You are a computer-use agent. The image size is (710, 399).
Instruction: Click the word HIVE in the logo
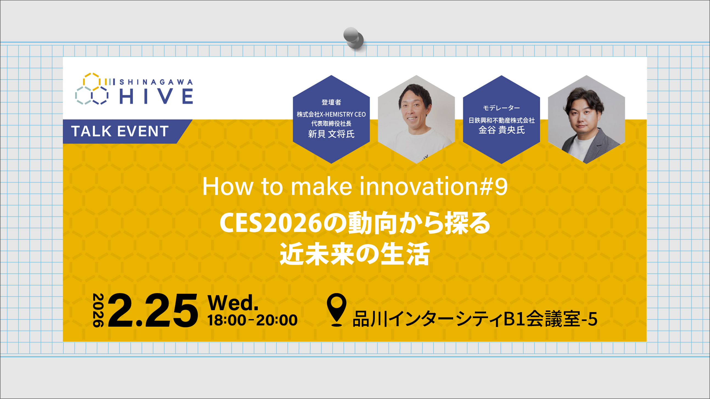pyautogui.click(x=156, y=96)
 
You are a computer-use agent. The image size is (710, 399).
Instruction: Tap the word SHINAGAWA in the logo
pyautogui.click(x=156, y=82)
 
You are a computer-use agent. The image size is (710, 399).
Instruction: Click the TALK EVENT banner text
pyautogui.click(x=120, y=131)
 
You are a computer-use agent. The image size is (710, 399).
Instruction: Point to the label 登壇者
pyautogui.click(x=331, y=102)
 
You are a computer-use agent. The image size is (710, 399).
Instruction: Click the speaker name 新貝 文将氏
pyautogui.click(x=331, y=134)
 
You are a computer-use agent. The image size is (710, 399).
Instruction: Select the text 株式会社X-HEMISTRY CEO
pyautogui.click(x=331, y=114)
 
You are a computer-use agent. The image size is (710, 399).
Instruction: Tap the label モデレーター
pyautogui.click(x=501, y=108)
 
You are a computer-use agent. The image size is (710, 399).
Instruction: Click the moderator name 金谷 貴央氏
pyautogui.click(x=501, y=130)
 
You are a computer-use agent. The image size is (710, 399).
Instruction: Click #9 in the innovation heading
pyautogui.click(x=493, y=187)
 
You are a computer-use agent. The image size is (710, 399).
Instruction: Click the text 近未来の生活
pyautogui.click(x=355, y=254)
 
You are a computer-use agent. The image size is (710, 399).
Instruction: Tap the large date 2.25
pyautogui.click(x=153, y=311)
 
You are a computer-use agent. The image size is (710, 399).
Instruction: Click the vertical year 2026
pyautogui.click(x=98, y=310)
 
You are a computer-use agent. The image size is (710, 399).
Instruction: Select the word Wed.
pyautogui.click(x=233, y=303)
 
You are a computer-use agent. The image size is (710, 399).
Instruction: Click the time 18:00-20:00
pyautogui.click(x=252, y=320)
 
